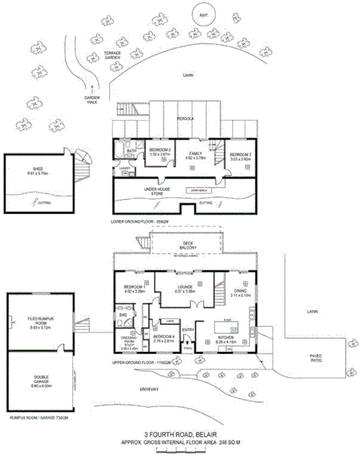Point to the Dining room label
coord(239,292)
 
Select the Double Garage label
coord(39,384)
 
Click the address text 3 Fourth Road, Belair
coord(180,434)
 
